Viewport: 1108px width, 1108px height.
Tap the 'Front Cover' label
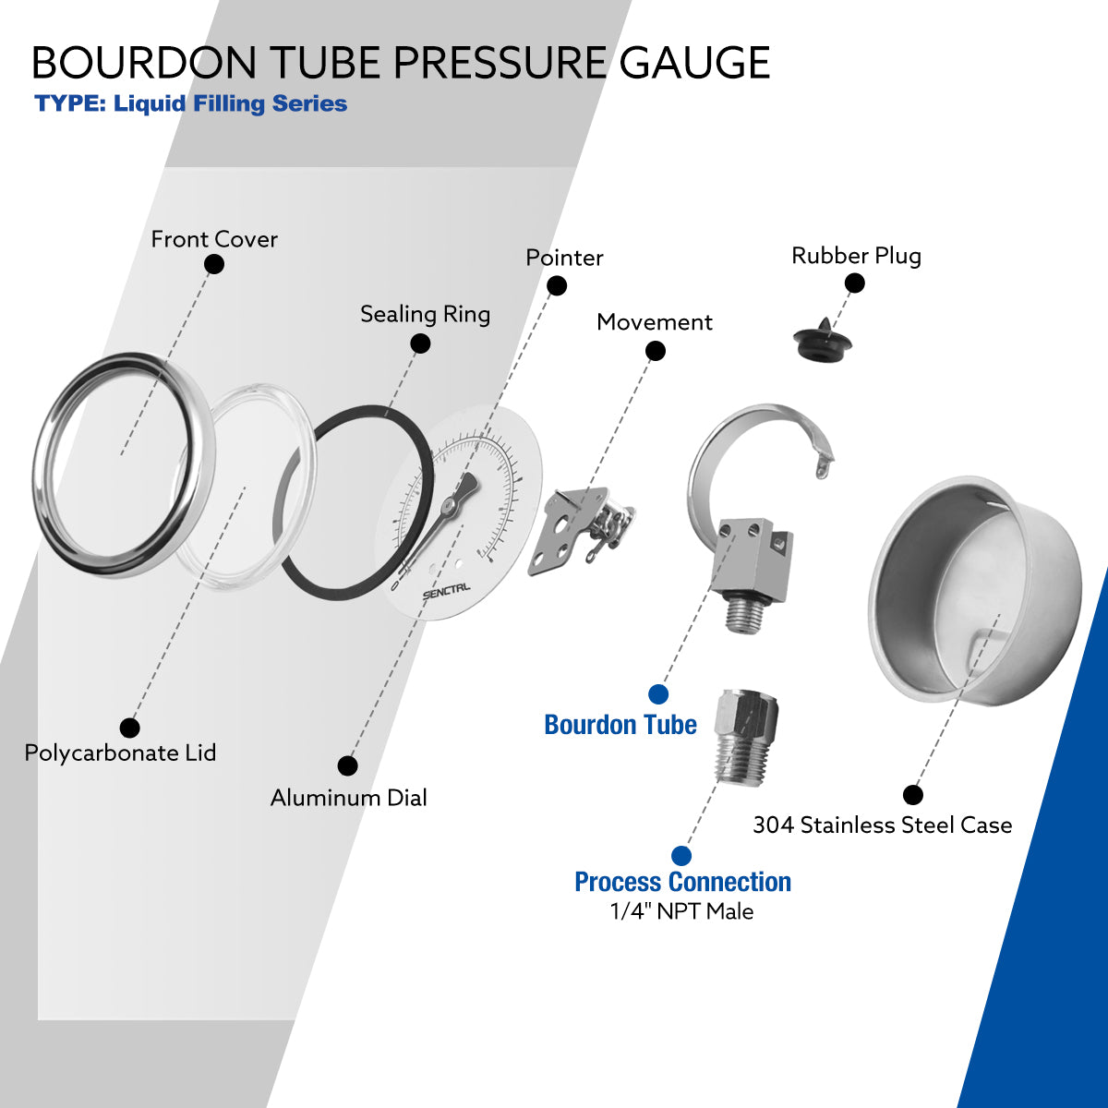pyautogui.click(x=214, y=239)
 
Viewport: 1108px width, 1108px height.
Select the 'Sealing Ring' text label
pyautogui.click(x=425, y=314)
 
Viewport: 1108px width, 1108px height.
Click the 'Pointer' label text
pyautogui.click(x=564, y=258)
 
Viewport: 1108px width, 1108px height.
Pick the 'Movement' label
pyautogui.click(x=654, y=322)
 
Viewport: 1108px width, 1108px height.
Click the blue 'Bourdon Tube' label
pyautogui.click(x=620, y=725)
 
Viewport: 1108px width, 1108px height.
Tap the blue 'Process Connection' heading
pyautogui.click(x=682, y=882)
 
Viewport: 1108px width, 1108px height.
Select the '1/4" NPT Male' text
pyautogui.click(x=681, y=911)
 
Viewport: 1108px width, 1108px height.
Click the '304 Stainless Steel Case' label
pyautogui.click(x=882, y=825)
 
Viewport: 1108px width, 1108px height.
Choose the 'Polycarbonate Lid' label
pyautogui.click(x=120, y=753)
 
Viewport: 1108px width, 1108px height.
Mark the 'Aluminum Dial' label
pyautogui.click(x=348, y=798)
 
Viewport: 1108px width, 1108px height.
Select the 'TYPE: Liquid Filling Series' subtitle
pyautogui.click(x=191, y=103)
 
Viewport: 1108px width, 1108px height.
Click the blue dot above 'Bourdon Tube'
pyautogui.click(x=658, y=694)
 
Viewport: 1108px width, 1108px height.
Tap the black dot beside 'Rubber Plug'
pyautogui.click(x=855, y=283)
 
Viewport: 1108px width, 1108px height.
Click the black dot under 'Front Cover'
pyautogui.click(x=214, y=264)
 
